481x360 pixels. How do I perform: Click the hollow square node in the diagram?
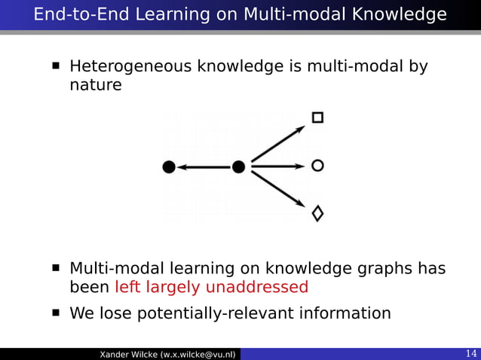317,117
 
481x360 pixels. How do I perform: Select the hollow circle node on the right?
317,166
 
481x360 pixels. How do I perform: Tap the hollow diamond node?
317,213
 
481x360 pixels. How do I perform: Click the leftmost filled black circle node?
170,166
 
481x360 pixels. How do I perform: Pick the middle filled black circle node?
239,166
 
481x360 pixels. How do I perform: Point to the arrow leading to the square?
278,142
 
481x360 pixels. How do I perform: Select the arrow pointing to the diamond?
278,190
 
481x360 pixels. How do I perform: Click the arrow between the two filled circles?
204,166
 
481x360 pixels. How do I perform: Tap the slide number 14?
470,354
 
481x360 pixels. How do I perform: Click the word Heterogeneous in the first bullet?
130,68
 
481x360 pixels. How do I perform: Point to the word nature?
95,85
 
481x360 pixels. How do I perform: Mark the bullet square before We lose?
56,312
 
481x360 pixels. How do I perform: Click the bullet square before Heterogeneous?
56,67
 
